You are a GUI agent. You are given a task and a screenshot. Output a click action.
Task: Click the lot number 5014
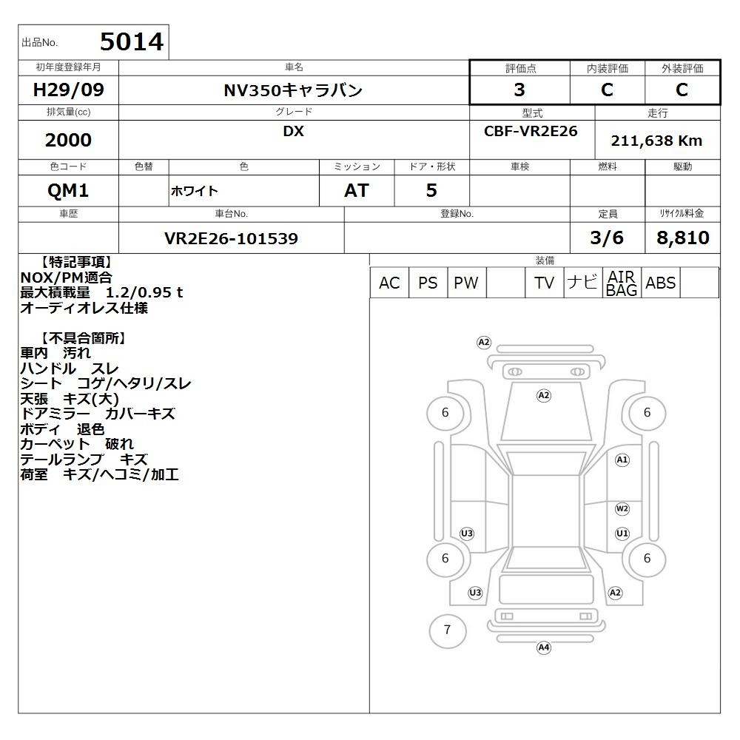132,41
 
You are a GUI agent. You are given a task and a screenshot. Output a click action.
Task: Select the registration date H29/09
68,90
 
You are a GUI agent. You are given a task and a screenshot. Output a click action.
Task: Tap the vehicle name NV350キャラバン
293,90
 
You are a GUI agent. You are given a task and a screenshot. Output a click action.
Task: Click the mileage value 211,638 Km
656,141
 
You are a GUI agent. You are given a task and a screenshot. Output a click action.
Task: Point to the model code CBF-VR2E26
531,131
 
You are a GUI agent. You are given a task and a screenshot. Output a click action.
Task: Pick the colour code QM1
68,190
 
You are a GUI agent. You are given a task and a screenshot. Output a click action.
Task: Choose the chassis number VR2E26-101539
231,238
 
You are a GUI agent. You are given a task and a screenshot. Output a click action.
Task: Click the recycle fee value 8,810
683,238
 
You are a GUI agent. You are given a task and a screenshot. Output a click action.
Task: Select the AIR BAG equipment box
622,283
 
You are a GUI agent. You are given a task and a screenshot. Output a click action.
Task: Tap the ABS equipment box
661,283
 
